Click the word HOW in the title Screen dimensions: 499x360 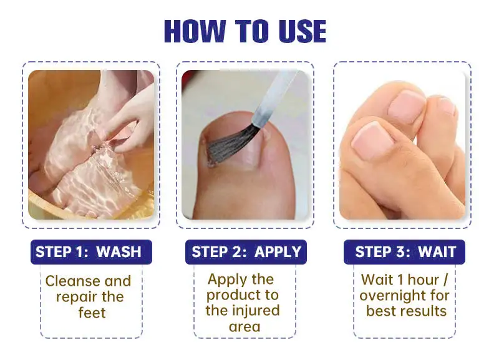click(x=195, y=31)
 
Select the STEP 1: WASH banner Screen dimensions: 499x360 click(x=91, y=252)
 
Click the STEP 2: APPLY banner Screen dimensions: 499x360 click(x=246, y=252)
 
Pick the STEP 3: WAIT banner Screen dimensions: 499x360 click(x=404, y=252)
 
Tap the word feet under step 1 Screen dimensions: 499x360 click(x=92, y=313)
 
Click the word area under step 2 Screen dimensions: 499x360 click(x=245, y=327)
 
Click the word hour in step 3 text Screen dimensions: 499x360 click(x=424, y=280)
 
